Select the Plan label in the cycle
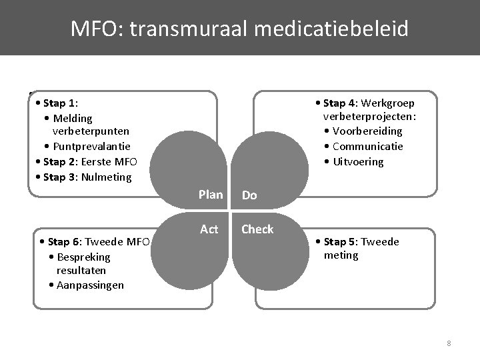211,195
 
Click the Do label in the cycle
249,195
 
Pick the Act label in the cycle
209,229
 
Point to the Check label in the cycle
257,229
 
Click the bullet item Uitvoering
358,162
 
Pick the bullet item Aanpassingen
90,285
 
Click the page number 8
449,343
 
